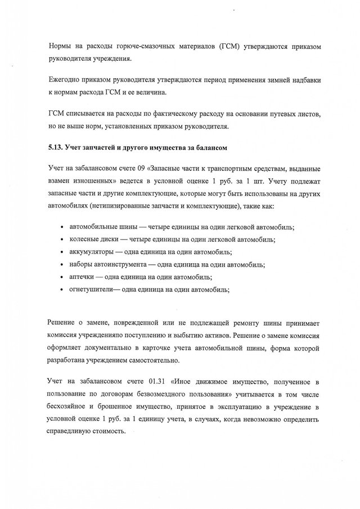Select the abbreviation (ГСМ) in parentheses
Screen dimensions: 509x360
(228, 43)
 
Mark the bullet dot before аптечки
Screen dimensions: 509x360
(61, 278)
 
